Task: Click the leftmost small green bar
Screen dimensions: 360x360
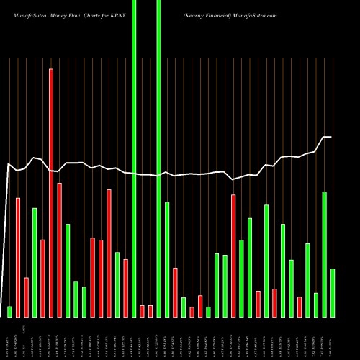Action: (9, 311)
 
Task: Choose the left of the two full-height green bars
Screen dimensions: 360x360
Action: (134, 158)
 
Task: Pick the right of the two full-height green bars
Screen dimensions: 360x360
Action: (158, 158)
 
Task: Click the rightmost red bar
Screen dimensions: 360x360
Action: (300, 307)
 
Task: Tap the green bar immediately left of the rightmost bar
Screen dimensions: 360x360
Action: (325, 254)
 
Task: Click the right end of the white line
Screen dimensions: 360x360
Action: (330, 137)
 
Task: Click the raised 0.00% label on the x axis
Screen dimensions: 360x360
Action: (34, 329)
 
